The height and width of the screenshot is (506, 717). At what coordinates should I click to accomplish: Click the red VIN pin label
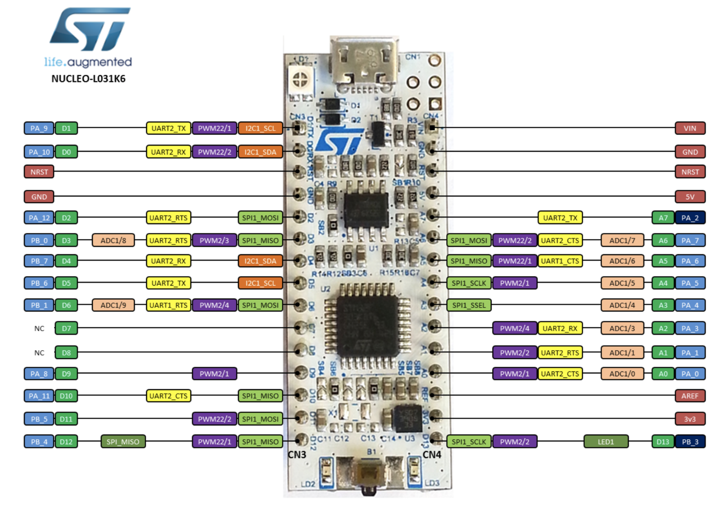coord(690,129)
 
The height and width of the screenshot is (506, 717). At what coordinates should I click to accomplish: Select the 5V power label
coord(690,197)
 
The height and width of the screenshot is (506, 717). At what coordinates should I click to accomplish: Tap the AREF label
coord(690,396)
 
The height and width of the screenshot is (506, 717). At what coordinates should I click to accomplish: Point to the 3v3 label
coord(690,419)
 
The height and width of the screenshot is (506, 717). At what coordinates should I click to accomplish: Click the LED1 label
coord(605,442)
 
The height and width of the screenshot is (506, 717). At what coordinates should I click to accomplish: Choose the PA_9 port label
coord(39,129)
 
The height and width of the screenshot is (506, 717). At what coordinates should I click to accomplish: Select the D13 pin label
coord(663,442)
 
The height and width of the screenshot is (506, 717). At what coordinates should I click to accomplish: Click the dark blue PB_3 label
coord(690,442)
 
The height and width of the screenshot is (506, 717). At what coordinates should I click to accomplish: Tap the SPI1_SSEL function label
coord(469,305)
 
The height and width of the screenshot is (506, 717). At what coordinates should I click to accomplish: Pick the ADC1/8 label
coord(113,240)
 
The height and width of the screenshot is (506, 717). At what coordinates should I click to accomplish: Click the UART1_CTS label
coord(560,261)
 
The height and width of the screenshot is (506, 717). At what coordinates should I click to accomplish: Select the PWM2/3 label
coord(214,240)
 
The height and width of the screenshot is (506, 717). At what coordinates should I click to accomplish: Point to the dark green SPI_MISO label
coord(123,442)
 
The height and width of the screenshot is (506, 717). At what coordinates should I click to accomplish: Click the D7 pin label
coord(66,329)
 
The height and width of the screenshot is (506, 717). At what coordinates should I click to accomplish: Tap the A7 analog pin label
coord(663,218)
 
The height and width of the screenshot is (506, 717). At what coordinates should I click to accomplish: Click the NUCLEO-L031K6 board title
coord(88,79)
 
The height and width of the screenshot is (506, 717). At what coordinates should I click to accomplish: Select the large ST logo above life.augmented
coord(90,29)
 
